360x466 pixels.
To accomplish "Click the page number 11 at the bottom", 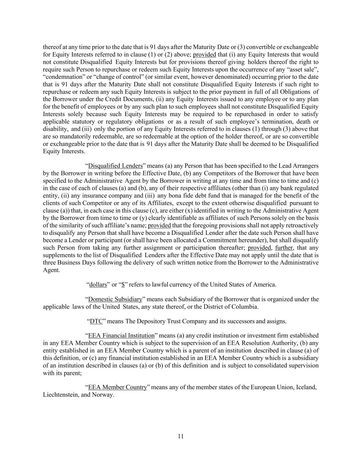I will [x=181, y=436].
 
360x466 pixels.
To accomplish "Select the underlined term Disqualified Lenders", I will [x=115, y=166].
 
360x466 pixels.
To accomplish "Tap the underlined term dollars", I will [x=98, y=285].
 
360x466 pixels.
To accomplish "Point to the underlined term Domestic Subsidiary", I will [x=115, y=299].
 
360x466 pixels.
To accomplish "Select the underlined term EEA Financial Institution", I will [x=121, y=336].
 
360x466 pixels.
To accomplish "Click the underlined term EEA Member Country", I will [x=117, y=387].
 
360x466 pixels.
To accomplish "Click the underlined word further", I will [x=284, y=248].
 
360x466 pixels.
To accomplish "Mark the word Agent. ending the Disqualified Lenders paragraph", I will [x=51, y=270].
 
